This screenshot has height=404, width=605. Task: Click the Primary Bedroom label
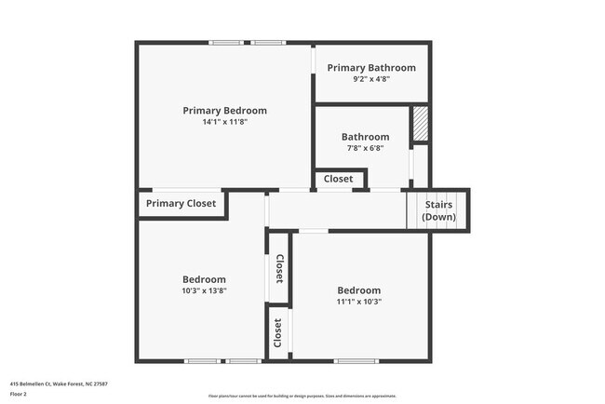tap(224, 110)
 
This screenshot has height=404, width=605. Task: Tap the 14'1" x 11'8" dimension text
tap(224, 121)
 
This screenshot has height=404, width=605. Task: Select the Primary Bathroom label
tap(370, 68)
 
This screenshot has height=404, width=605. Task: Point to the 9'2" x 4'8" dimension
tap(370, 79)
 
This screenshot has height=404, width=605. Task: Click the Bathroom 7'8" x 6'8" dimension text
tap(365, 147)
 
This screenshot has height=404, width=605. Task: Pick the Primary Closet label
tap(181, 203)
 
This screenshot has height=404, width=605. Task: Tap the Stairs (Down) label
tap(439, 210)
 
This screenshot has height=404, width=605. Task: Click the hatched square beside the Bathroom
tap(420, 125)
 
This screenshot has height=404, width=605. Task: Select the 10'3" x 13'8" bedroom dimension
tap(204, 290)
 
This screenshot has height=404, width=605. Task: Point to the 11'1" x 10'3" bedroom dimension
tap(358, 301)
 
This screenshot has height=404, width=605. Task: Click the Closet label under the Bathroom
tap(338, 179)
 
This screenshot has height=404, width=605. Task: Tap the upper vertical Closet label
tap(279, 268)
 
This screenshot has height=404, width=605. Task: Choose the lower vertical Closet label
tap(278, 332)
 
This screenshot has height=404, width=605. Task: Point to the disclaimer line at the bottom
tap(302, 396)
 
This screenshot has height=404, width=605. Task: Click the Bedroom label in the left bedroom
tap(204, 279)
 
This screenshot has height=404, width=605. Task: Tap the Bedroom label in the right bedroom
tap(358, 290)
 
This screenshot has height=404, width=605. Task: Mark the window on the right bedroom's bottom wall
tap(356, 361)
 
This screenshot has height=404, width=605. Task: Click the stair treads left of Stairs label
tap(413, 210)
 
